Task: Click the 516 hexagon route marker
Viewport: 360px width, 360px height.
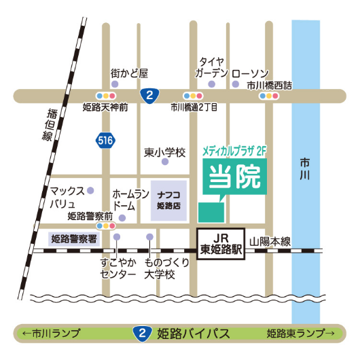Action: pyautogui.click(x=104, y=141)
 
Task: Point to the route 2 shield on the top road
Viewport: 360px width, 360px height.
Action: pyautogui.click(x=149, y=95)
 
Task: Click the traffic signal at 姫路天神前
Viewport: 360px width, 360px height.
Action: pyautogui.click(x=106, y=96)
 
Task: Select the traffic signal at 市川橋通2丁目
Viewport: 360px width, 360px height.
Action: pyautogui.click(x=192, y=96)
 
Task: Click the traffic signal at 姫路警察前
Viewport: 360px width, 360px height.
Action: pyautogui.click(x=106, y=225)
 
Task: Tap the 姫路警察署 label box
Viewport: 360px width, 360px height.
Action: pyautogui.click(x=74, y=238)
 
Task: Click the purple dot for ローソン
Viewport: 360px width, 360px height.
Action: pyautogui.click(x=236, y=84)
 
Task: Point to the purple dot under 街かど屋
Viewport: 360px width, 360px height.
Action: pyautogui.click(x=115, y=84)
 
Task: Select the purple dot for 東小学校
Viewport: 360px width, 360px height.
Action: pyautogui.click(x=164, y=162)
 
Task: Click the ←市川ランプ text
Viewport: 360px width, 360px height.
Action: pyautogui.click(x=51, y=334)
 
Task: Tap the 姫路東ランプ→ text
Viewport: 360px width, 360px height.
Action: pyautogui.click(x=300, y=334)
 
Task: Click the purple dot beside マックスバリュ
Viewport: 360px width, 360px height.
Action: pyautogui.click(x=90, y=191)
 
